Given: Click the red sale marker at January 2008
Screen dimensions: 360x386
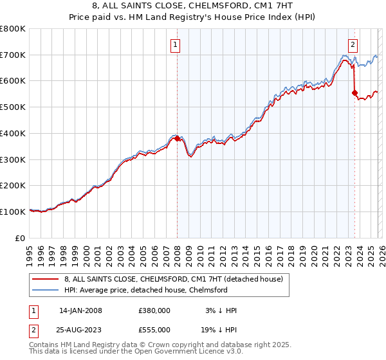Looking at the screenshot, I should click(x=177, y=138).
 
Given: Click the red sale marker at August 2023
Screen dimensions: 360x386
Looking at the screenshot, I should click(x=354, y=93).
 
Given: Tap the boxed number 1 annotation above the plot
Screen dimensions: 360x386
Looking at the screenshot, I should click(x=176, y=44).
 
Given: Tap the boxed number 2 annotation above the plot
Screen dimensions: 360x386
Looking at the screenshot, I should click(x=353, y=44).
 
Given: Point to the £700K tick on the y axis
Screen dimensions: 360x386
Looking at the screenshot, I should click(x=13, y=55).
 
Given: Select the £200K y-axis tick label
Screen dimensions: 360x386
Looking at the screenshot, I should click(x=13, y=185).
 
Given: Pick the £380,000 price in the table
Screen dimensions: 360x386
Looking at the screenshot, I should click(x=154, y=310).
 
